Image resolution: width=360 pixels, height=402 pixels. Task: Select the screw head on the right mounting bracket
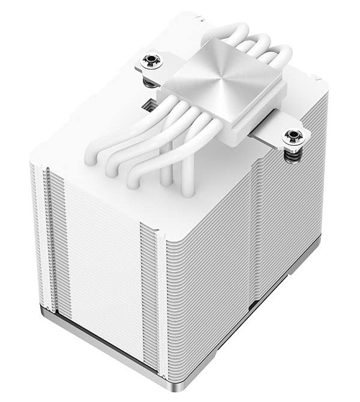coord(293,135)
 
